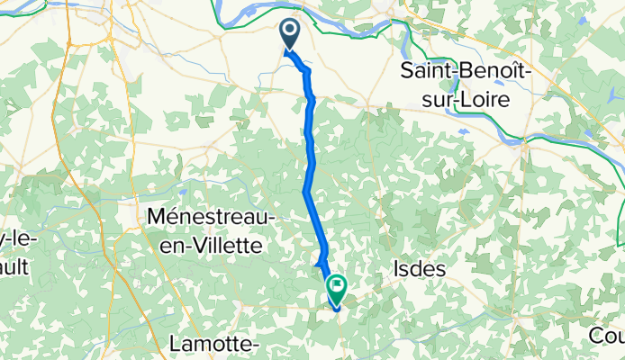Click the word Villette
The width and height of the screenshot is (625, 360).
(222, 244)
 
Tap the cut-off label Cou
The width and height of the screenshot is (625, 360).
(607, 335)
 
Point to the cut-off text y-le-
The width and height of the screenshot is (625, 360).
(15, 243)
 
